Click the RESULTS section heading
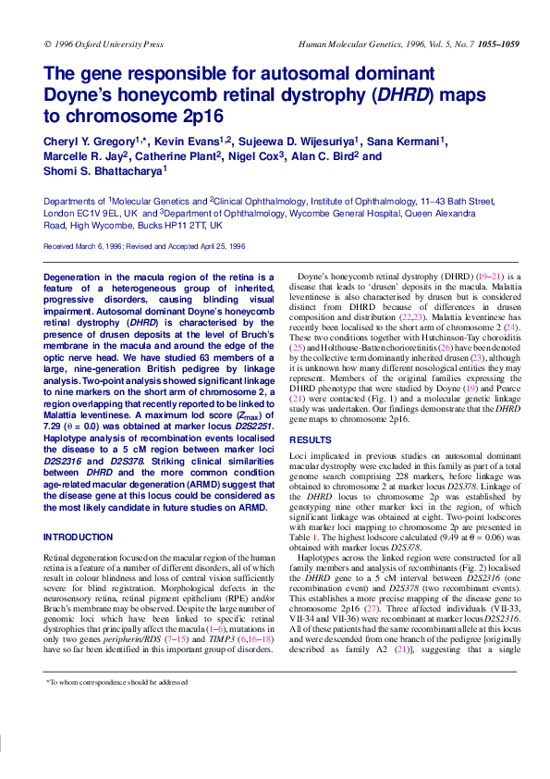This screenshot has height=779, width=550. click(311, 439)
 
